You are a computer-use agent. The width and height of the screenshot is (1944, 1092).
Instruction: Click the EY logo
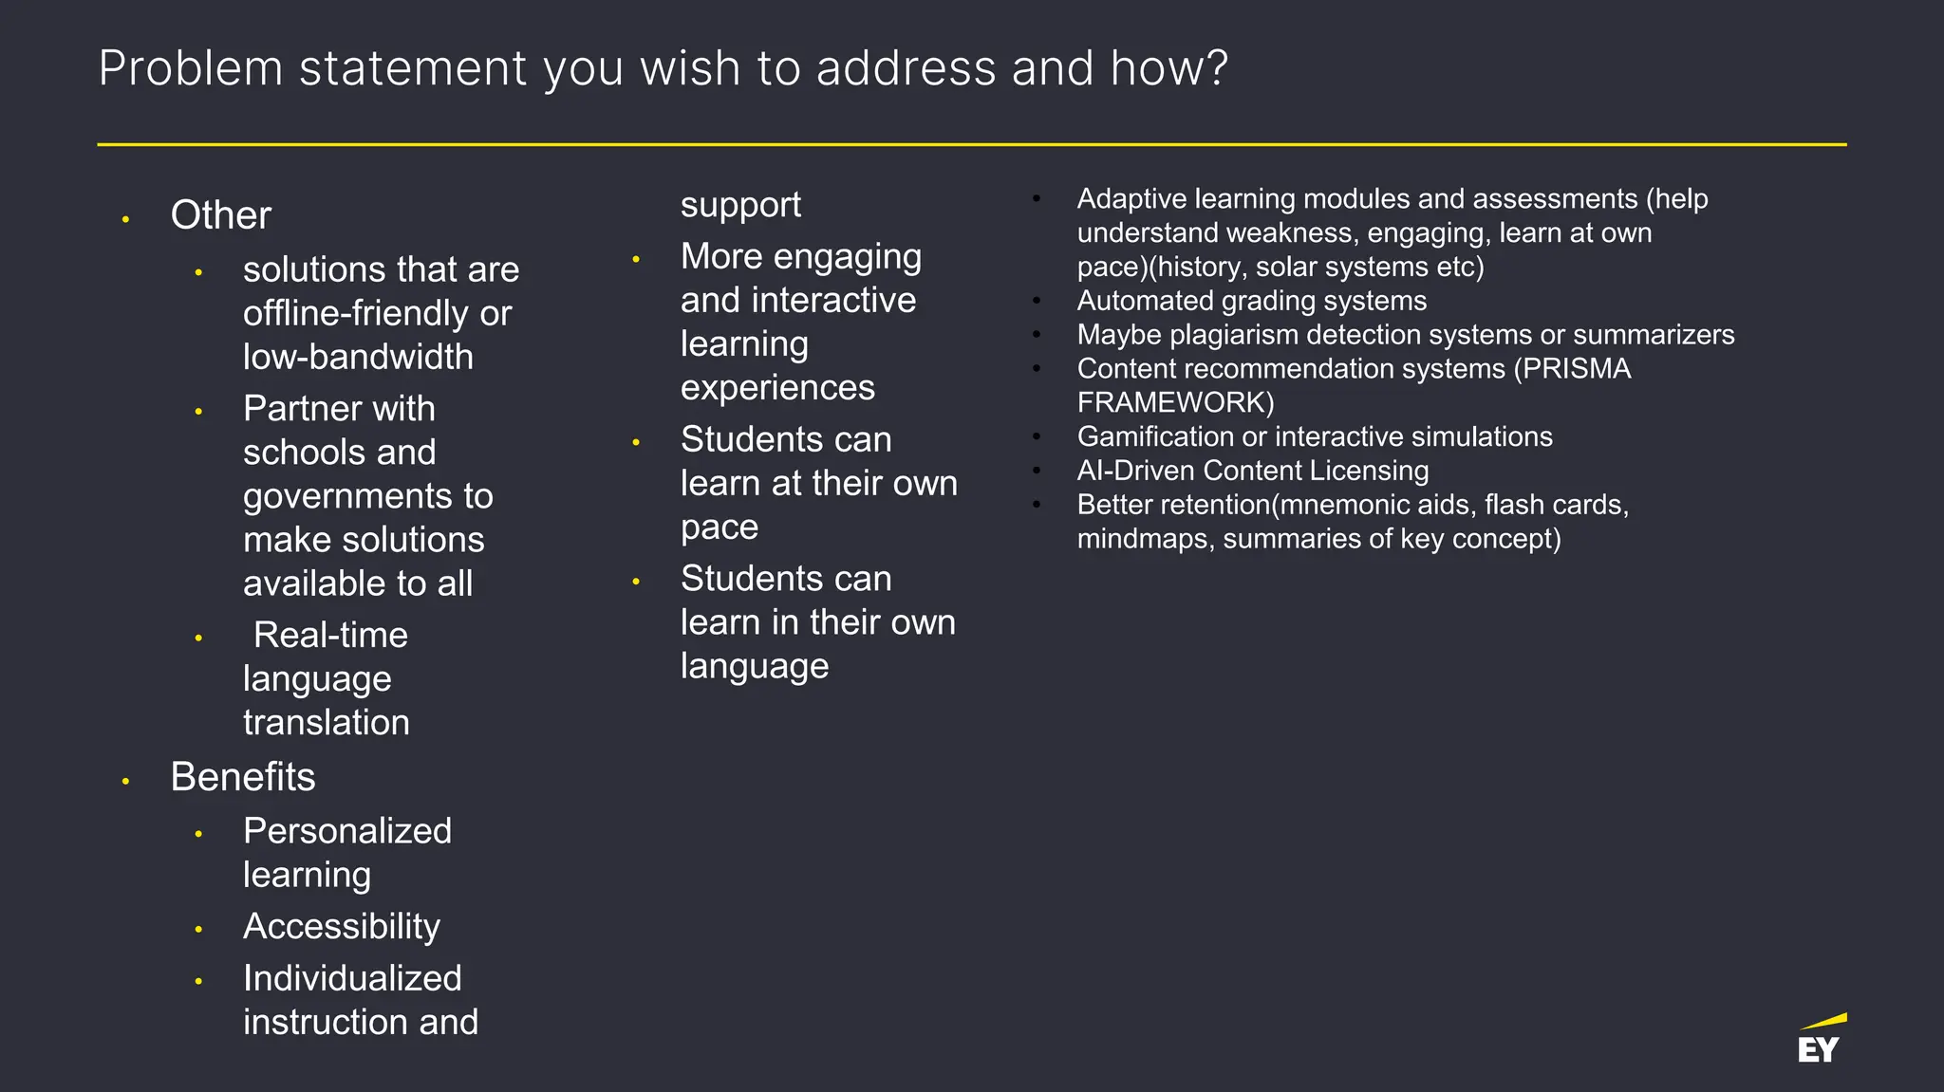pyautogui.click(x=1821, y=1041)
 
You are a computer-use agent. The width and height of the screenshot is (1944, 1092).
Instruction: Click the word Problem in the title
pyautogui.click(x=191, y=69)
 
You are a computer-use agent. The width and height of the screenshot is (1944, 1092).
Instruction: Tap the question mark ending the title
pyautogui.click(x=1218, y=69)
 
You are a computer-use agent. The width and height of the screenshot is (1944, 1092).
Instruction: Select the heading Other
pyautogui.click(x=220, y=215)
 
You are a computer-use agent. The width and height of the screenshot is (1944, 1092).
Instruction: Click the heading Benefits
pyautogui.click(x=242, y=777)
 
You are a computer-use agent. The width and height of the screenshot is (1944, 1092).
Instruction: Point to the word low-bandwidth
pyautogui.click(x=358, y=357)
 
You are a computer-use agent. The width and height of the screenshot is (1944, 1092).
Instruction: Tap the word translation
pyautogui.click(x=326, y=723)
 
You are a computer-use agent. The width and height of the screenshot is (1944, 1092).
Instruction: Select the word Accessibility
pyautogui.click(x=341, y=926)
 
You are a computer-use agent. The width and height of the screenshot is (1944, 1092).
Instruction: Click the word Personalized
pyautogui.click(x=346, y=831)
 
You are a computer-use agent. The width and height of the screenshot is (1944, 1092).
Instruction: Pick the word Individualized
pyautogui.click(x=352, y=978)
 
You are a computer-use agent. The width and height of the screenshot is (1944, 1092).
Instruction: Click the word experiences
pyautogui.click(x=777, y=388)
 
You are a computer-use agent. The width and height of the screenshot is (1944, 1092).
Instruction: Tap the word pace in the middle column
pyautogui.click(x=719, y=527)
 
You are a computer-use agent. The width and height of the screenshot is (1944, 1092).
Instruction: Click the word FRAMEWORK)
pyautogui.click(x=1175, y=403)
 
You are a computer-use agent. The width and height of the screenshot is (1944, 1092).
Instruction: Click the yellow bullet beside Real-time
pyautogui.click(x=198, y=639)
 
